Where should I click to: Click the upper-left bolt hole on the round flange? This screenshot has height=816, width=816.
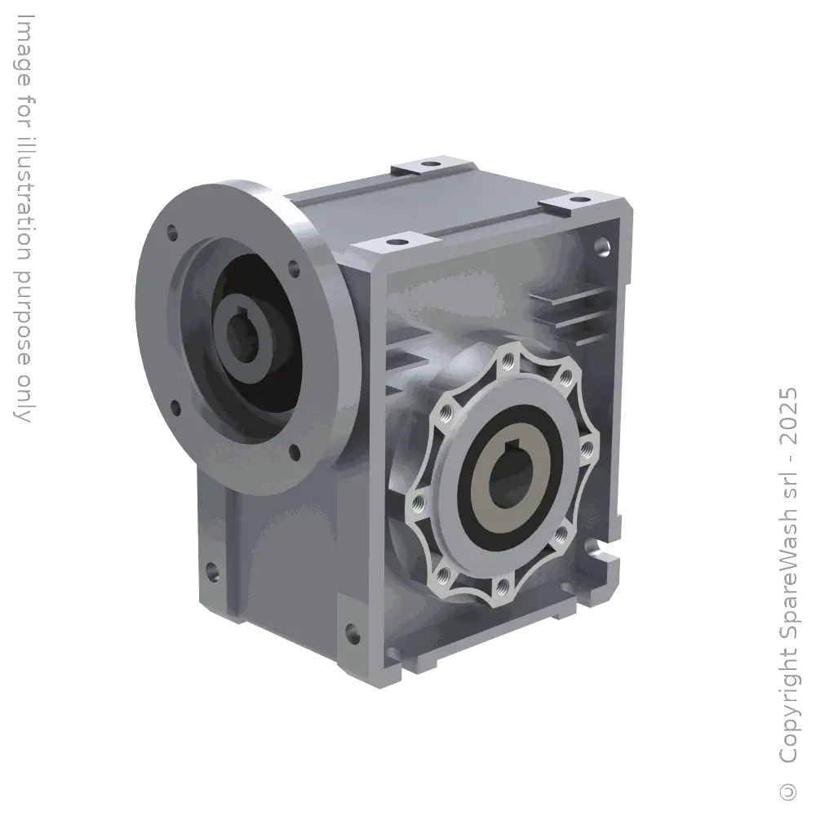point(171,233)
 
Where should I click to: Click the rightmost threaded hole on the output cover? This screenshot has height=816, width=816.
point(586,447)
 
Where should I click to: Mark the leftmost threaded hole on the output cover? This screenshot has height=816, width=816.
point(417,499)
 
